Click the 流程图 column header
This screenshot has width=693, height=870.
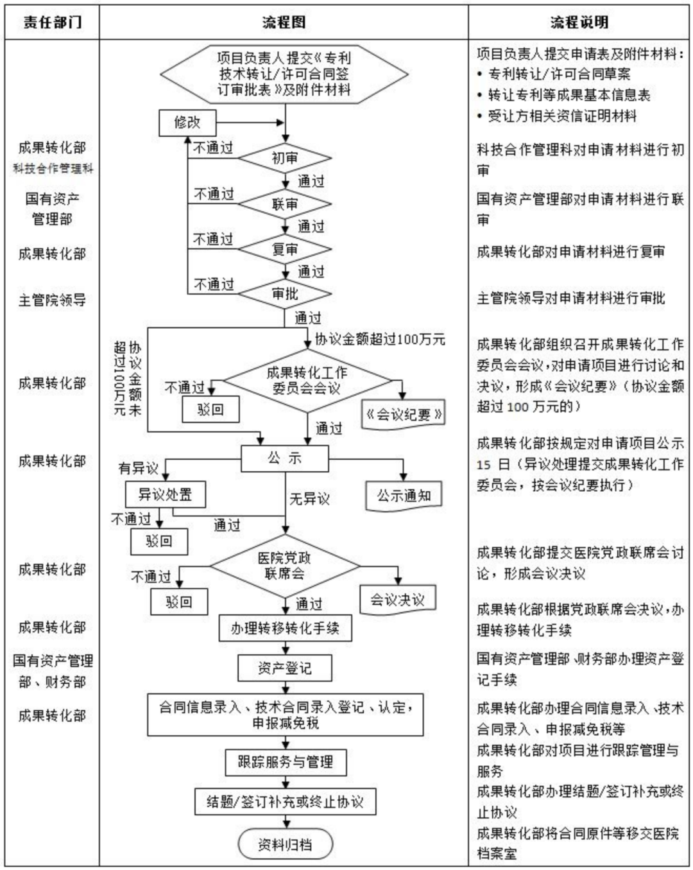coord(284,22)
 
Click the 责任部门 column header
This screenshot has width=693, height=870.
coord(52,22)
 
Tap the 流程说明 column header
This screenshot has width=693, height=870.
coord(579,22)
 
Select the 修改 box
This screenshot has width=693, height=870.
coord(187,123)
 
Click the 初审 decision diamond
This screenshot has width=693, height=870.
coord(285,159)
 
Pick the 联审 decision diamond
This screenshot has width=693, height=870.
coord(285,204)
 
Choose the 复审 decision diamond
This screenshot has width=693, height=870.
coord(285,249)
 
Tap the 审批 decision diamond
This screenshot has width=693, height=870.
coord(285,294)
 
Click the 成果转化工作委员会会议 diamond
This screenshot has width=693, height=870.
coord(307,380)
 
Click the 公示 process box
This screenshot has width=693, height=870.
coord(285,458)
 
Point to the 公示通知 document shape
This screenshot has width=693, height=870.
coord(404,496)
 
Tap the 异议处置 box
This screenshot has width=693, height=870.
coord(165,495)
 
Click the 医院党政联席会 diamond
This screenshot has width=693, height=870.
coord(285,566)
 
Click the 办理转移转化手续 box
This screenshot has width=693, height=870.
coord(285,628)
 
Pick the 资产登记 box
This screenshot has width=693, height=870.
coord(285,668)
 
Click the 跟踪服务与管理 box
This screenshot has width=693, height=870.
coord(285,762)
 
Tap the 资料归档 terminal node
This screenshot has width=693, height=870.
coord(285,844)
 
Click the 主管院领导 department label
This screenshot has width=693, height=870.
coord(52,300)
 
